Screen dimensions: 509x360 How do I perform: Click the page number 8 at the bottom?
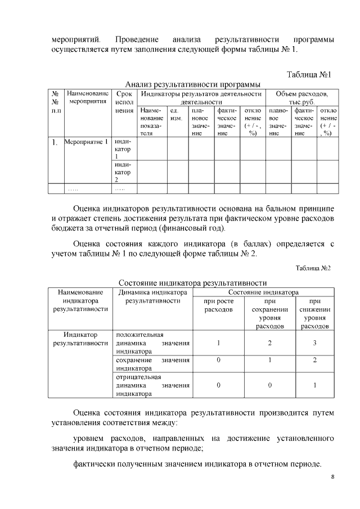pyautogui.click(x=332, y=478)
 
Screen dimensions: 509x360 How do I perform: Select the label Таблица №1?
pyautogui.click(x=310, y=75)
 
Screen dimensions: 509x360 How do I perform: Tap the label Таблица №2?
pyautogui.click(x=314, y=268)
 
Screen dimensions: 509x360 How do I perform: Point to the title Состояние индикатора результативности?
pyautogui.click(x=192, y=282)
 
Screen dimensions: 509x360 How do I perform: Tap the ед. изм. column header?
pyautogui.click(x=176, y=115)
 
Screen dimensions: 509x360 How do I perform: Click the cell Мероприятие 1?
pyautogui.click(x=86, y=142)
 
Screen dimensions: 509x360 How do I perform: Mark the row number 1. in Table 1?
pyautogui.click(x=56, y=143)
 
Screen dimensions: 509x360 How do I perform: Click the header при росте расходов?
pyautogui.click(x=218, y=305)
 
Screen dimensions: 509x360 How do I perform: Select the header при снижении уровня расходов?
pyautogui.click(x=315, y=313)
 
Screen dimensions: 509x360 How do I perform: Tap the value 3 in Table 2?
pyautogui.click(x=315, y=343)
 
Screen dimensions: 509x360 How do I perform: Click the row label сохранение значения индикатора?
pyautogui.click(x=152, y=364)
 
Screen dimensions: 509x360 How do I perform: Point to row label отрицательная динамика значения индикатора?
pyautogui.click(x=152, y=385)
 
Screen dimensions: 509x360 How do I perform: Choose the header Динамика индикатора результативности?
pyautogui.click(x=152, y=297)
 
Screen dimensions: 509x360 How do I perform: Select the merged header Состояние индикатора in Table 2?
pyautogui.click(x=263, y=292)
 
